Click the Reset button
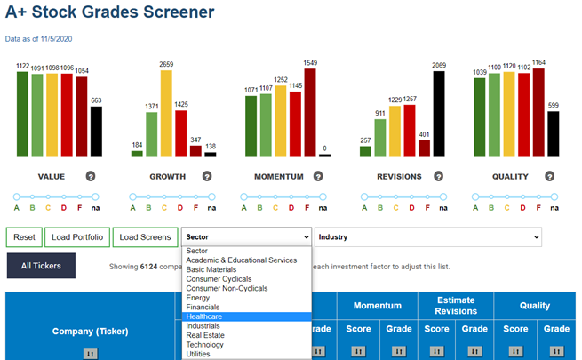pyautogui.click(x=24, y=237)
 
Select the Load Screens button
pyautogui.click(x=145, y=237)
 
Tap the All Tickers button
pyautogui.click(x=41, y=266)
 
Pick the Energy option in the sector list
pyautogui.click(x=198, y=298)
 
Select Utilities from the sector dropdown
pyautogui.click(x=198, y=354)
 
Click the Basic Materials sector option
pyautogui.click(x=211, y=269)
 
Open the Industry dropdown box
pyautogui.click(x=428, y=236)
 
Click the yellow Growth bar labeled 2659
pyautogui.click(x=166, y=114)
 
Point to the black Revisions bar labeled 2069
pyautogui.click(x=439, y=114)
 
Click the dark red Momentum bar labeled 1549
pyautogui.click(x=310, y=113)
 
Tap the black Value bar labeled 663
pyautogui.click(x=96, y=132)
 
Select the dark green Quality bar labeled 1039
pyautogui.click(x=480, y=117)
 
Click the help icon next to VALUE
pyautogui.click(x=91, y=176)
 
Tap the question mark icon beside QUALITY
pyautogui.click(x=550, y=176)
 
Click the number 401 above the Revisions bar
pyautogui.click(x=424, y=134)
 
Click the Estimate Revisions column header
pyautogui.click(x=456, y=306)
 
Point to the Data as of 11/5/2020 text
pyautogui.click(x=38, y=39)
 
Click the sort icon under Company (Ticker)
pyautogui.click(x=91, y=353)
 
